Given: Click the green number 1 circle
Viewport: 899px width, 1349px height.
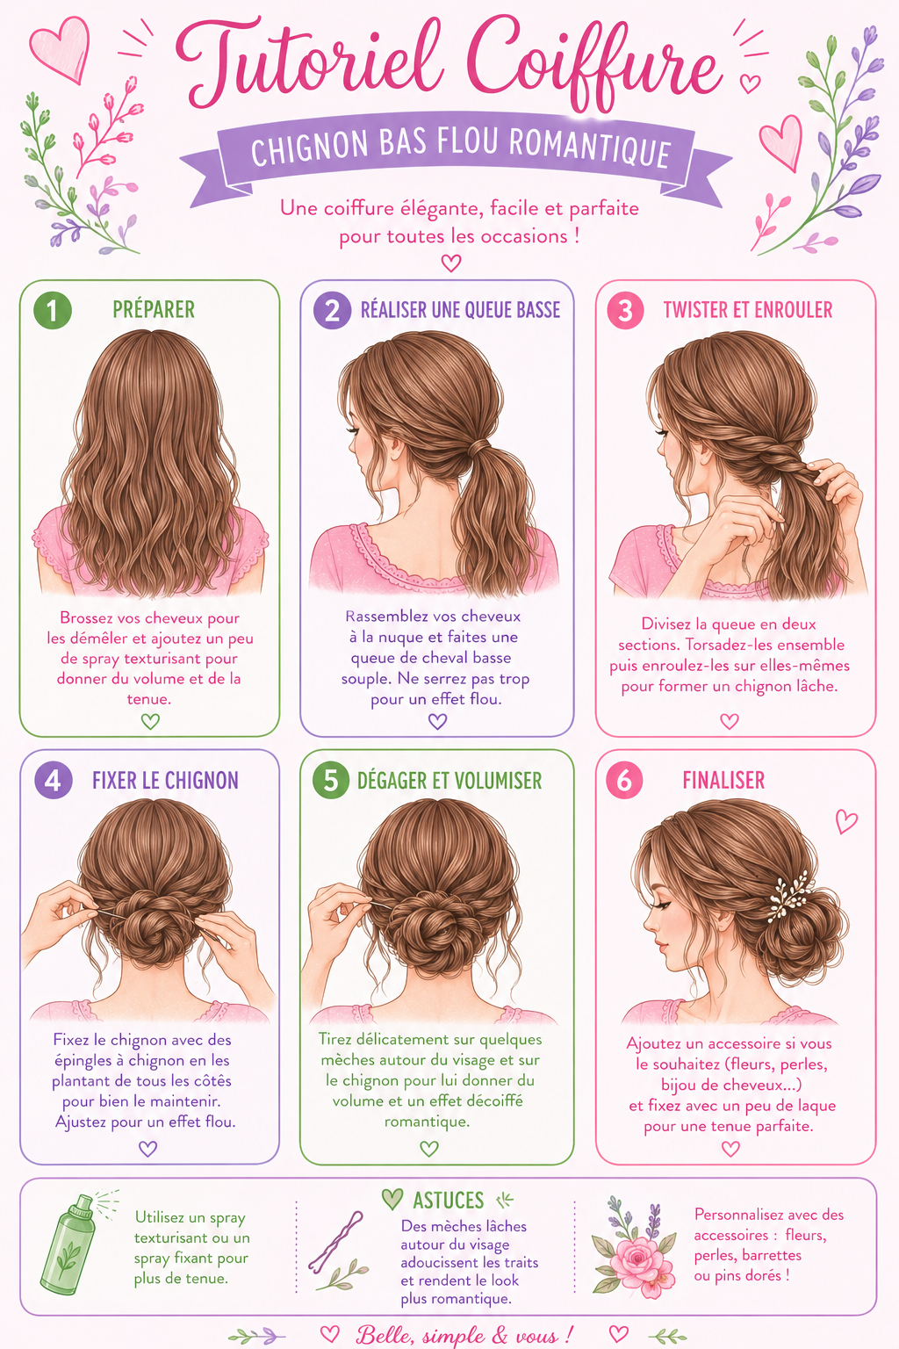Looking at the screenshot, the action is (x=53, y=310).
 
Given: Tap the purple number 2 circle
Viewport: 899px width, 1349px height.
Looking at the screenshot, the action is (x=333, y=310).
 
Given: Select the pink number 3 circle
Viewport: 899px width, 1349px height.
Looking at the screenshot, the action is (x=626, y=310).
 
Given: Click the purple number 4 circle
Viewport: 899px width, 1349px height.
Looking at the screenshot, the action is (x=53, y=780).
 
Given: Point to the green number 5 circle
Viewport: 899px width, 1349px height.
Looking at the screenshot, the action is (x=331, y=780).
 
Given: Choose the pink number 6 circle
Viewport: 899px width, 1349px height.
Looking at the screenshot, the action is (x=624, y=780).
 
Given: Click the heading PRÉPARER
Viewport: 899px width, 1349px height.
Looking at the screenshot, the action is (x=154, y=309).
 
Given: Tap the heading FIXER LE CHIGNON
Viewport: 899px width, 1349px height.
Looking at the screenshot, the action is (x=165, y=781).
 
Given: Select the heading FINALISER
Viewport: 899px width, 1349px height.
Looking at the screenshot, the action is (x=723, y=781).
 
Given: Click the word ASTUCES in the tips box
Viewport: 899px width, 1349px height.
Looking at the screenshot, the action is (x=448, y=1201).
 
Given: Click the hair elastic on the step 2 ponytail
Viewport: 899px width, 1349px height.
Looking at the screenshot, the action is (x=478, y=447).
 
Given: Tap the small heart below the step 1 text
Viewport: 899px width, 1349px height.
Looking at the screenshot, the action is (x=150, y=721).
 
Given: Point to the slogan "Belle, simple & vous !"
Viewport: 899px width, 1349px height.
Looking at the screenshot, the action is (x=464, y=1335).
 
